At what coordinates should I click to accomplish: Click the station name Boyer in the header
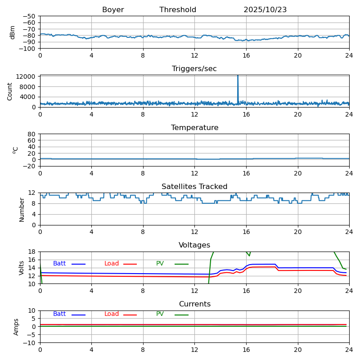point(113,10)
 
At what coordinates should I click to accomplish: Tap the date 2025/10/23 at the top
point(265,10)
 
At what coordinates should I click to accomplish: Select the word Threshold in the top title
point(178,10)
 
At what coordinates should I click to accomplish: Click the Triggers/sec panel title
point(194,69)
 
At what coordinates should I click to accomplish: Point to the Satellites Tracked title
point(194,187)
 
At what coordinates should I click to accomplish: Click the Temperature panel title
point(194,128)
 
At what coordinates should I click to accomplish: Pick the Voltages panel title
point(194,245)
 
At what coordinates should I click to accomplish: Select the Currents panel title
point(194,304)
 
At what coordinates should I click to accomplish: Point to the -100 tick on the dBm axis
point(28,49)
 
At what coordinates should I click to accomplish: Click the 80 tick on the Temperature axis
point(32,134)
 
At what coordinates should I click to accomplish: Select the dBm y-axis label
point(13,32)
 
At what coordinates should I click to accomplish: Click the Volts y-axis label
point(22,268)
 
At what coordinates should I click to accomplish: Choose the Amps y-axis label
point(16,327)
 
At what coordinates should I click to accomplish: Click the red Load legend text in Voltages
point(112,264)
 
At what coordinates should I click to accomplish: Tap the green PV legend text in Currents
point(160,314)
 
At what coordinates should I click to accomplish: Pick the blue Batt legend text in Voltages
point(59,264)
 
